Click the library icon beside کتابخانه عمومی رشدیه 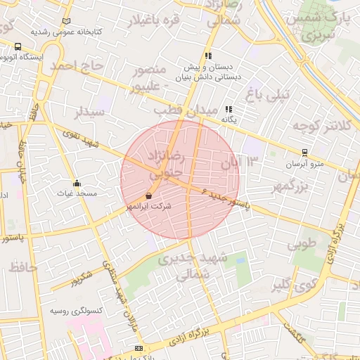click(66, 22)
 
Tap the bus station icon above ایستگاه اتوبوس click(18, 46)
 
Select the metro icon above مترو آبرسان click(304, 152)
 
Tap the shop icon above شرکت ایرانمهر click(148, 195)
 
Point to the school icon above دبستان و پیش click(208, 56)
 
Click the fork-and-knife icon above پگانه click(229, 109)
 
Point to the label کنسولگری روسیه click(77, 310)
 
